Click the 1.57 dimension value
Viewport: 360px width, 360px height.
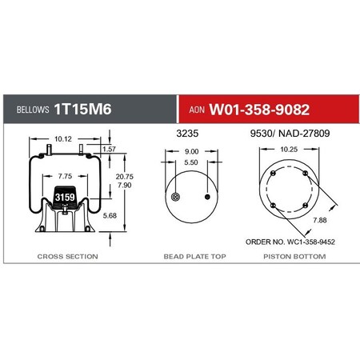pos(110,149)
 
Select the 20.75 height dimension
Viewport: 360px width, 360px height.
pos(125,176)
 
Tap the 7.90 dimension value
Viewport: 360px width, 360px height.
pos(125,185)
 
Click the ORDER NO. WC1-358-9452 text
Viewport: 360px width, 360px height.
pos(290,240)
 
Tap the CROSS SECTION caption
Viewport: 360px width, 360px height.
pos(68,256)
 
